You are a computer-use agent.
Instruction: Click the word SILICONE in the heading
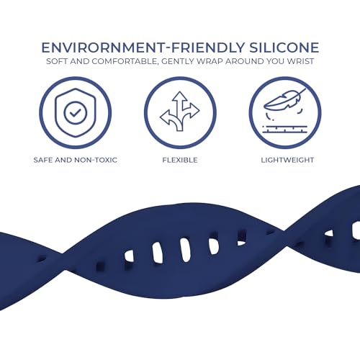point(284,48)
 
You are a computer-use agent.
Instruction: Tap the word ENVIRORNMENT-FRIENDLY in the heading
point(143,48)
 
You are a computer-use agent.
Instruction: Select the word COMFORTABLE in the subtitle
point(125,61)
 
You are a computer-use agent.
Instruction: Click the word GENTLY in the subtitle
point(178,61)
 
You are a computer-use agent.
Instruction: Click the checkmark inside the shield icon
point(76,112)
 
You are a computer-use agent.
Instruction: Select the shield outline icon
point(76,113)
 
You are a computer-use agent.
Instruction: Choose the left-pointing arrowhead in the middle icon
point(166,117)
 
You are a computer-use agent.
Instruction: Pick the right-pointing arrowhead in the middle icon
point(194,110)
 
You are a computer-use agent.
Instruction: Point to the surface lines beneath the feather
point(285,129)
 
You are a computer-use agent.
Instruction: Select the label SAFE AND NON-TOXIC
point(76,160)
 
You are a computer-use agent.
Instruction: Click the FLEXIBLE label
point(180,160)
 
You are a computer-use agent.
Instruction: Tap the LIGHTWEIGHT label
point(287,160)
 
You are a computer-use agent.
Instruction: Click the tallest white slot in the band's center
point(186,250)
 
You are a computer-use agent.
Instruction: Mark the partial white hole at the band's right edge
point(356,230)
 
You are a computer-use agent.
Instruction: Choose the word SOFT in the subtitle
point(57,61)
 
